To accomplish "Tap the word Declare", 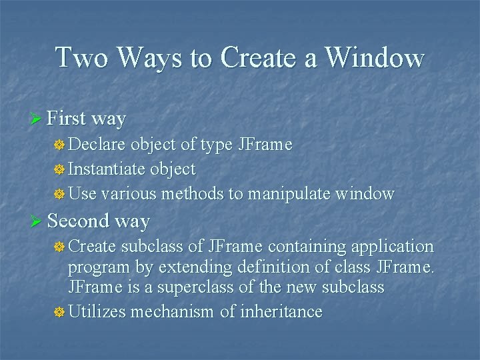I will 98,145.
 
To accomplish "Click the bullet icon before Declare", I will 59,145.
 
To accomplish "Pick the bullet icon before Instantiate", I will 59,170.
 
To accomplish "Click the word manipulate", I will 290,194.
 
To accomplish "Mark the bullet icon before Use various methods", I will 59,195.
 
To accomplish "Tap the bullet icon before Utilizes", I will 59,312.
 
